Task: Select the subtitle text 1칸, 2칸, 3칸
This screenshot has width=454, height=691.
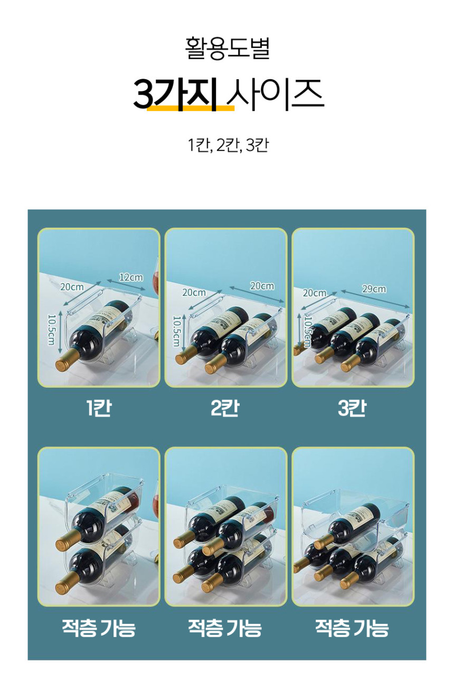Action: pos(228,145)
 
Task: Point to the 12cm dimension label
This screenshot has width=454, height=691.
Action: pos(131,277)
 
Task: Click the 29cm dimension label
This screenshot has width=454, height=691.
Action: pos(374,289)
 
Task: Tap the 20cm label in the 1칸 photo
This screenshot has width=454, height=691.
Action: pos(72,287)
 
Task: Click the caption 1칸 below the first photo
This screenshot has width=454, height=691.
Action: pos(99,408)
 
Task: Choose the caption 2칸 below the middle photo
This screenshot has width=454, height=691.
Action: pos(225,408)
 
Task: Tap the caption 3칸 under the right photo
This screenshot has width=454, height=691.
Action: pos(352,408)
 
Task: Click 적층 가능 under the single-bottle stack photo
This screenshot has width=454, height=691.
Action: pos(99,628)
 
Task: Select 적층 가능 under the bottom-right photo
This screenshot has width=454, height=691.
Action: pos(352,628)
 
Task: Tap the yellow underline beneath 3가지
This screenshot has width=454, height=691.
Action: pos(190,109)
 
